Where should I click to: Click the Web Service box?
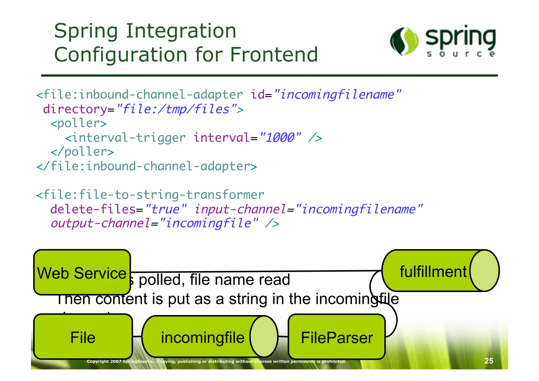[x=82, y=272]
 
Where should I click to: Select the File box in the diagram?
[x=83, y=337]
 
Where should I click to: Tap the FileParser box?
[x=337, y=337]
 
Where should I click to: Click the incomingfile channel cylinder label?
[x=202, y=337]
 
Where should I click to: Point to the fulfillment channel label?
[x=433, y=271]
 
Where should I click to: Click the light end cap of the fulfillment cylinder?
[x=484, y=271]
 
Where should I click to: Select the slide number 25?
[x=489, y=361]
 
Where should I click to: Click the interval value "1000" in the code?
[x=280, y=137]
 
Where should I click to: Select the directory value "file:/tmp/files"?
[x=176, y=109]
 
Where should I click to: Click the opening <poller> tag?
[x=79, y=123]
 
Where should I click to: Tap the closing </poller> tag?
[x=82, y=152]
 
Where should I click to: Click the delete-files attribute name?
[x=93, y=209]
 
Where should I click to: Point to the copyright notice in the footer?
[x=216, y=361]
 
